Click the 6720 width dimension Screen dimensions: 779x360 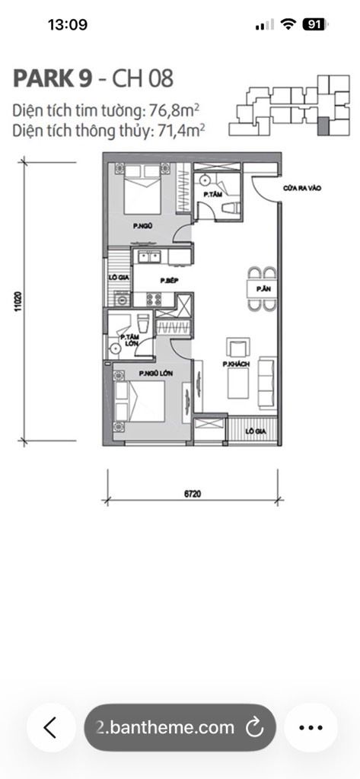coord(192,493)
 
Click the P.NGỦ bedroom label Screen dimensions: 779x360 coord(140,226)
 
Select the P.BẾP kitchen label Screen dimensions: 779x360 coord(169,280)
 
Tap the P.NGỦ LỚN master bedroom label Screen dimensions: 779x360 coord(154,374)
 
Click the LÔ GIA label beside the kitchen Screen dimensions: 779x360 coord(118,278)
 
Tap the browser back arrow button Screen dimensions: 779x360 coord(50,727)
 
